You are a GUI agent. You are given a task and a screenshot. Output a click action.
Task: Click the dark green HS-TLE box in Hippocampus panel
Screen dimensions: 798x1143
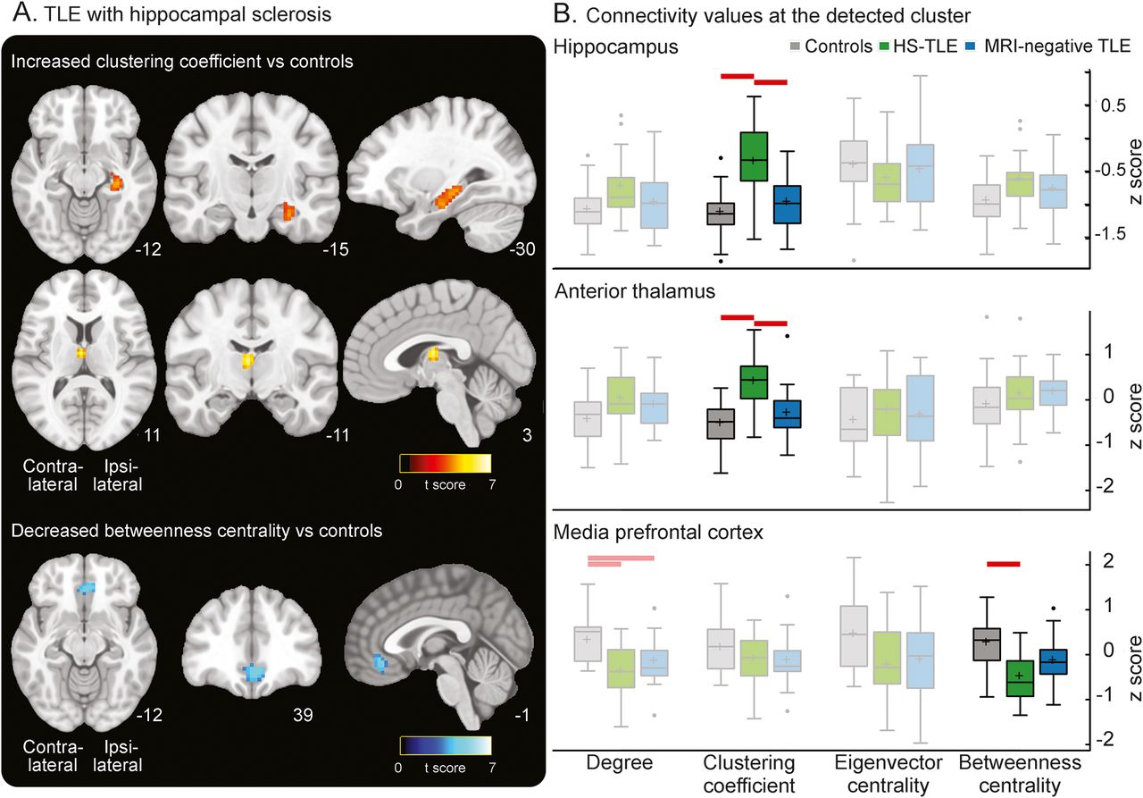tap(755, 156)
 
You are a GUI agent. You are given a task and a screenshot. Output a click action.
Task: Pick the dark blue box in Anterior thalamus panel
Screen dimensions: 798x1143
tap(788, 413)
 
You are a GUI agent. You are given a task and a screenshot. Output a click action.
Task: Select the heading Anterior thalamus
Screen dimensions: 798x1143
tap(622, 290)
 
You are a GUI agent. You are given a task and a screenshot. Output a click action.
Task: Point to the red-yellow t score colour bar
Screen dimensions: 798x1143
tap(444, 464)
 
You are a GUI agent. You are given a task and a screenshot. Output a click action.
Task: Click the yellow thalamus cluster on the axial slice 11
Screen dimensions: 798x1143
tap(81, 353)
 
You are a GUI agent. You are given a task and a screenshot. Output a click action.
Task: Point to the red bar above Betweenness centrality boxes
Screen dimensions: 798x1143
tap(1003, 563)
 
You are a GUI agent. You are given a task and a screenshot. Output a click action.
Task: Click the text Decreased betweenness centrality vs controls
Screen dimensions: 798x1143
tap(197, 531)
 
